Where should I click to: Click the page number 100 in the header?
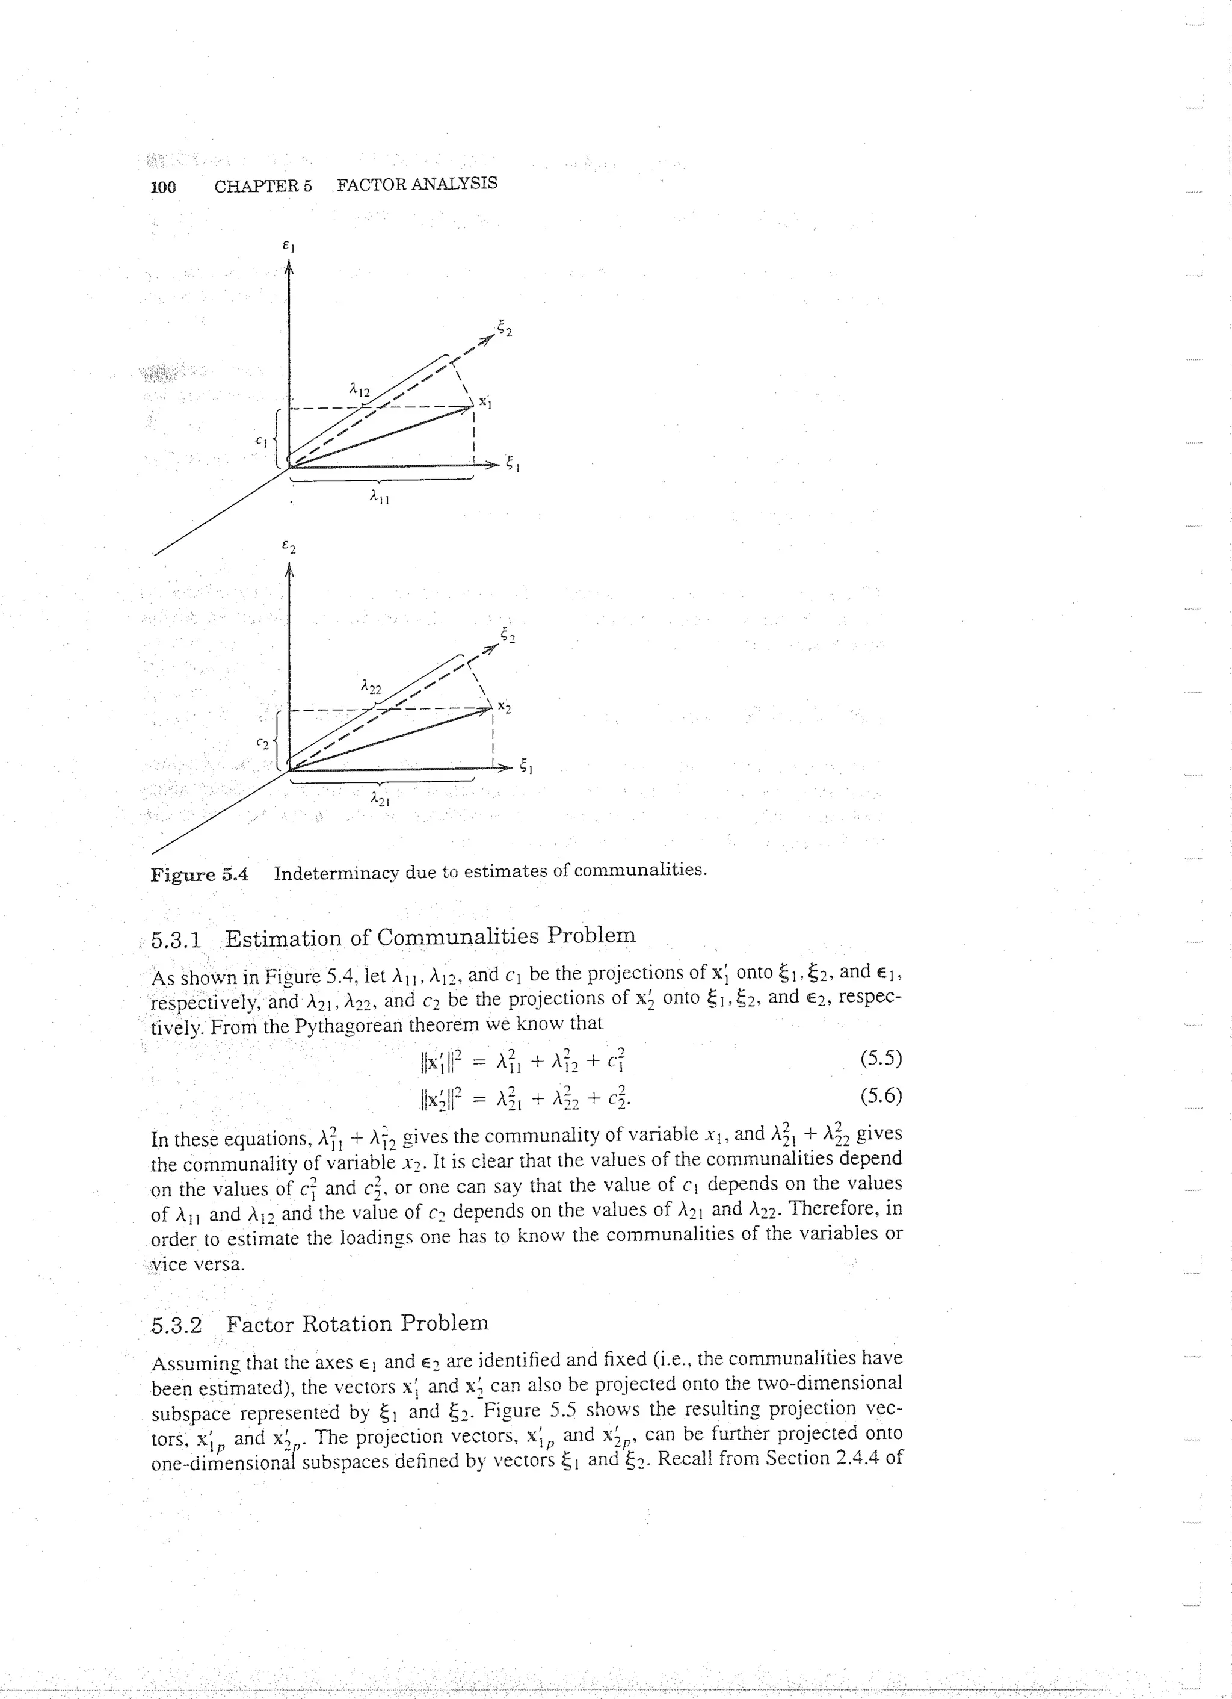click(163, 187)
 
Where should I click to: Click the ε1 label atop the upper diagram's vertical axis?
click(287, 244)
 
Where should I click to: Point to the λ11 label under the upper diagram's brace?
click(380, 497)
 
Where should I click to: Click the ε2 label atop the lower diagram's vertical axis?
click(288, 548)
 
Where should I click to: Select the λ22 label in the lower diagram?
click(370, 685)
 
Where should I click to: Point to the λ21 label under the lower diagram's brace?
click(380, 800)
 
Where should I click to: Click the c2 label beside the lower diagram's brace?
click(261, 743)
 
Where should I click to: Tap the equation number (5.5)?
click(881, 1059)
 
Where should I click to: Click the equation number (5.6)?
click(881, 1096)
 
